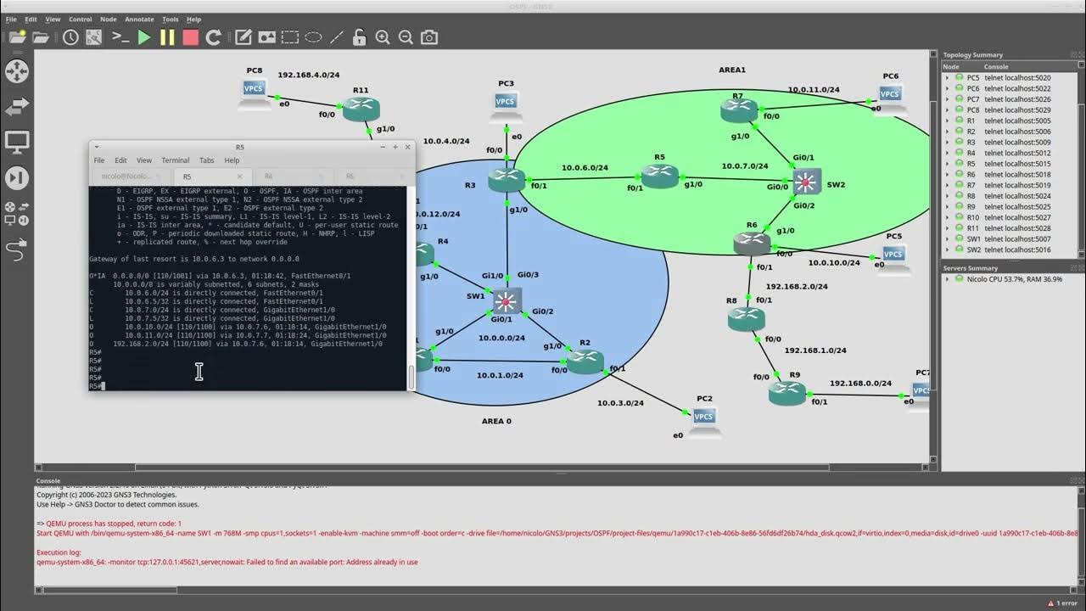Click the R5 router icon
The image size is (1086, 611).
660,176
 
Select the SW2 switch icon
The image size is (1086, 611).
806,181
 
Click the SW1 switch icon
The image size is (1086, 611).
507,300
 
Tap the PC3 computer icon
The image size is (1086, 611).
506,102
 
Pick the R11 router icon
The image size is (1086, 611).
361,108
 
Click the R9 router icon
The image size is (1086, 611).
787,392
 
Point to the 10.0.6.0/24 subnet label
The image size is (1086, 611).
585,167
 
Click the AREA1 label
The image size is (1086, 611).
732,70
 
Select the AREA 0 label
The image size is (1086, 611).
496,421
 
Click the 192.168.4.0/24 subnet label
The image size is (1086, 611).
308,75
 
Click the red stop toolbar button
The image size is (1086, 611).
190,37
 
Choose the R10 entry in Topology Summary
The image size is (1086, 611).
972,217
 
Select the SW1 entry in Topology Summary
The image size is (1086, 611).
974,239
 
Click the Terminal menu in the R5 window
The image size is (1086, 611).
175,160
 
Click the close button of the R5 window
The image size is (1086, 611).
407,147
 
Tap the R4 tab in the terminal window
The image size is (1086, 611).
268,177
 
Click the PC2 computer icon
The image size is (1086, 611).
703,416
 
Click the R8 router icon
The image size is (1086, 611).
746,318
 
